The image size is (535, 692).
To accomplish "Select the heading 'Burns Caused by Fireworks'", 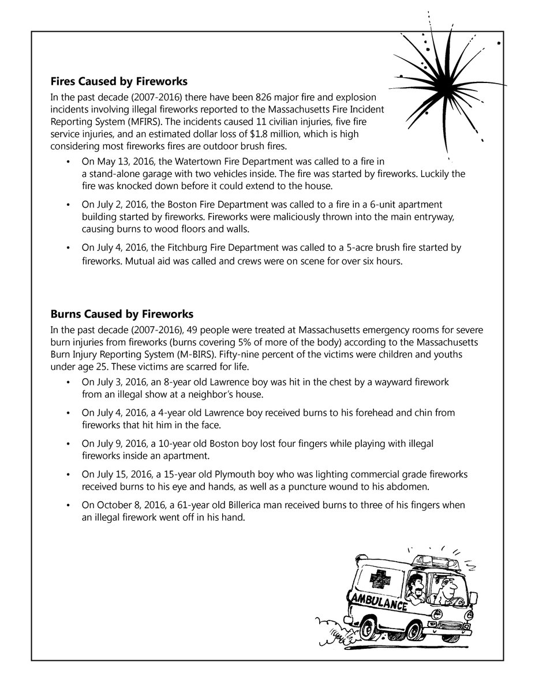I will point(122,314).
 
